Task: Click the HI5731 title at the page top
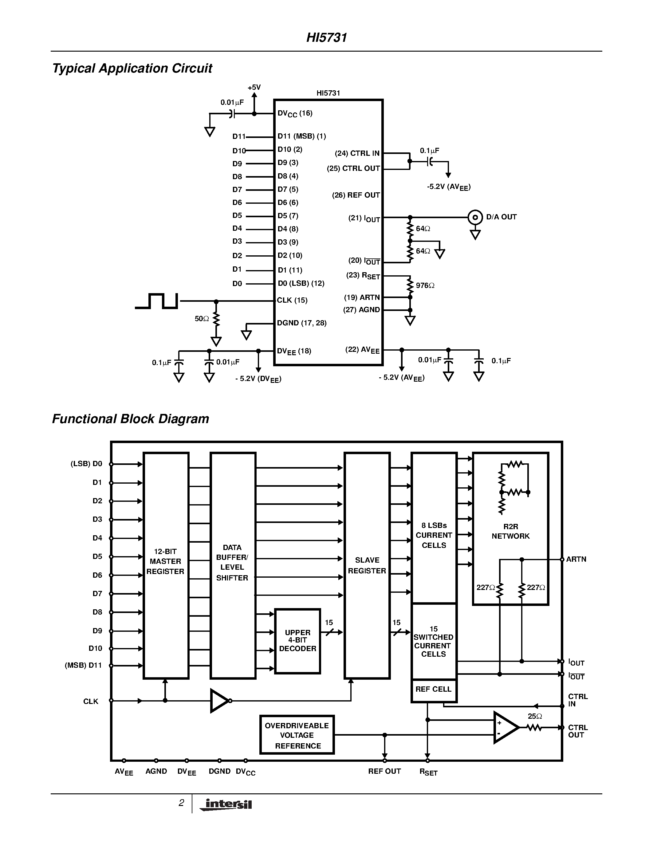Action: coord(326,37)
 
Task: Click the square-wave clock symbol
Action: coord(157,301)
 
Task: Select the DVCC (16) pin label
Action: coord(295,113)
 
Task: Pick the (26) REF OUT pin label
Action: coord(356,195)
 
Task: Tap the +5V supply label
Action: coord(254,88)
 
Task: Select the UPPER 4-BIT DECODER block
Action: coord(297,641)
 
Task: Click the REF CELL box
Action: coord(434,689)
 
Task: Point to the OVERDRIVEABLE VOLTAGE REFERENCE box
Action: coord(297,735)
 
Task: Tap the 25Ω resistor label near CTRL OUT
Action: coord(535,716)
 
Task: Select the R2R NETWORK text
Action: coord(511,531)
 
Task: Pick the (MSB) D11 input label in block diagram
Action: coord(83,666)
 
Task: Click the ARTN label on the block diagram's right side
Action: coord(576,559)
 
